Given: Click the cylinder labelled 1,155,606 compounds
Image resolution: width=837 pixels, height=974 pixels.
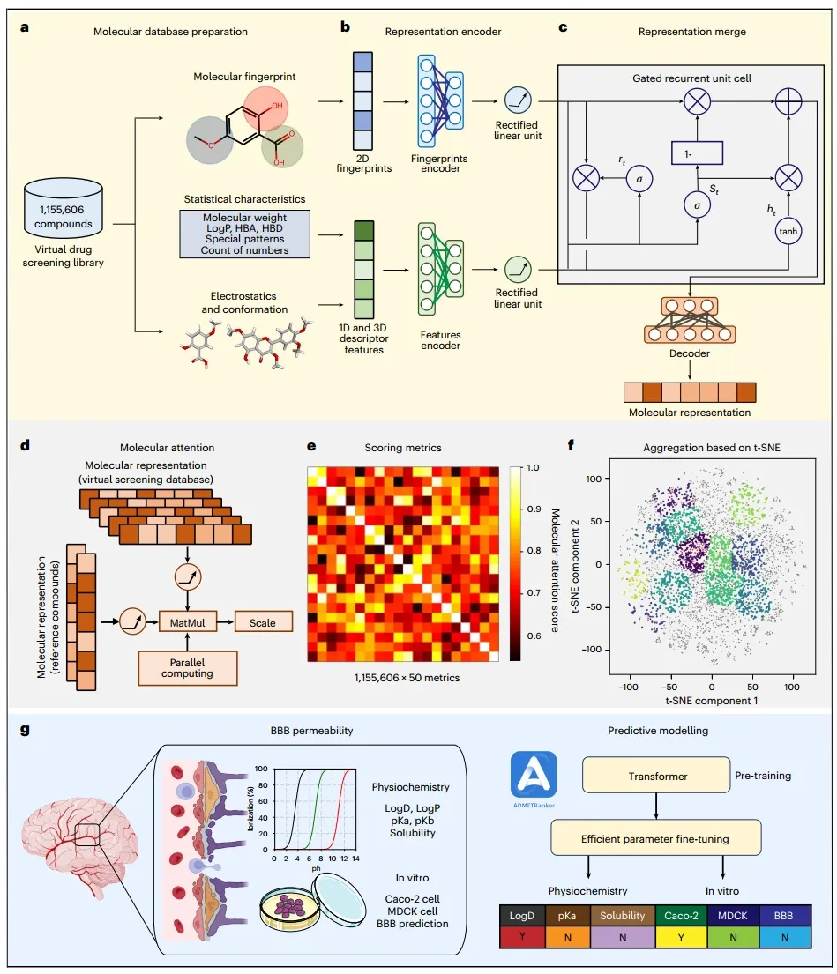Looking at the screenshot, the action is point(64,207).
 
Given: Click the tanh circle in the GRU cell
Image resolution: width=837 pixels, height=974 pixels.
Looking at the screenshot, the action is point(788,231).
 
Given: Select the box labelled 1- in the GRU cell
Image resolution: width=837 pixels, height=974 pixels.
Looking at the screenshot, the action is point(697,153).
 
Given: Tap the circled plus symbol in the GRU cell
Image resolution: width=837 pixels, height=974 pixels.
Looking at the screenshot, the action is point(788,101).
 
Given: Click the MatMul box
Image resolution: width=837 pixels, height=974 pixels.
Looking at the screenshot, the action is point(188,622).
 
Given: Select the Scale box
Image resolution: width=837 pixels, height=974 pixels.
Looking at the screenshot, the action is point(263,622).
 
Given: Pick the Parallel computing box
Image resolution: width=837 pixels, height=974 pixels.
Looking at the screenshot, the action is point(187,668).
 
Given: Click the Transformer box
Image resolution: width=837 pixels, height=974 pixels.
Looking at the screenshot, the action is point(656,775).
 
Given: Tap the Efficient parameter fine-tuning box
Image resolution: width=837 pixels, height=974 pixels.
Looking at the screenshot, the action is point(655,838).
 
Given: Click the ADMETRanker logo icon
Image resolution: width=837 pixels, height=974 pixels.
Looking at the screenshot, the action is point(534,775).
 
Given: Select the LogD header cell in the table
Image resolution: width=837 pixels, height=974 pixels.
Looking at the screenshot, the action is point(523,916).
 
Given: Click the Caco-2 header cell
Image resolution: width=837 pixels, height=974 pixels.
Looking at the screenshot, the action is point(681,916).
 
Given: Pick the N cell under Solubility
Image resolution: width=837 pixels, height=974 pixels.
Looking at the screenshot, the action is point(623,937).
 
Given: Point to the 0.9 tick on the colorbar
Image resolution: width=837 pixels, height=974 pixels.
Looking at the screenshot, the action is point(533,509).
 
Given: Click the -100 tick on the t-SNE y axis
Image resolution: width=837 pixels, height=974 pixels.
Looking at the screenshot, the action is point(594,649).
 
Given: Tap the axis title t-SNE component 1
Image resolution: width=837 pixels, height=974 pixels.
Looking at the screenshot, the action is point(712,701).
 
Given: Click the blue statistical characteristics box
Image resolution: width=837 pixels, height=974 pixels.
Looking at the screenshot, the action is point(245,234).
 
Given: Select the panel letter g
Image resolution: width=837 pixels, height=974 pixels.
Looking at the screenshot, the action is point(25,730).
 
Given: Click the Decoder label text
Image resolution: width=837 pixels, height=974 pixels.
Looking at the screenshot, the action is point(689,353).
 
